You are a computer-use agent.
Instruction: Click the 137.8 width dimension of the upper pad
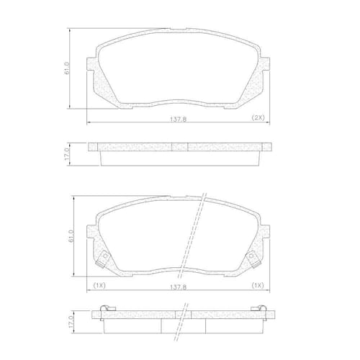[x=179, y=119]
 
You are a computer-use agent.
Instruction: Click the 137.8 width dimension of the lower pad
[x=179, y=287]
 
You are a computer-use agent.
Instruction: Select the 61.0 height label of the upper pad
[x=67, y=68]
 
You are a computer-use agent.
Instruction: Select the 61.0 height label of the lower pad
[x=71, y=236]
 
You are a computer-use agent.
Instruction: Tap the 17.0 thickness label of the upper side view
[x=67, y=154]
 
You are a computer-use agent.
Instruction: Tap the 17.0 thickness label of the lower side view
[x=71, y=322]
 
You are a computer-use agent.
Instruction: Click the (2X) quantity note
[x=258, y=117]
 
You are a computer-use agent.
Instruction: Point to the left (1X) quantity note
[x=99, y=285]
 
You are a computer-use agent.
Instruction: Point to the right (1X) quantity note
[x=258, y=285]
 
